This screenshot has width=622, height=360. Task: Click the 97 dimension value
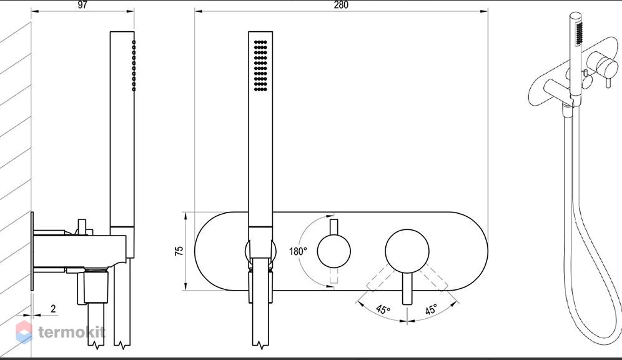82,5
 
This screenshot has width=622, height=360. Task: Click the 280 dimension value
341,5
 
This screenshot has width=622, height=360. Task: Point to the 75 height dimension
179,251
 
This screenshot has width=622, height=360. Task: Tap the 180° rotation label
298,251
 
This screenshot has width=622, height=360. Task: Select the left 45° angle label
383,309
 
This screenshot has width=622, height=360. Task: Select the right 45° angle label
431,309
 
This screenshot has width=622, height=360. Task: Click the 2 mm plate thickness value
53,308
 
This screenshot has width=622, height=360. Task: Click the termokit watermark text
72,332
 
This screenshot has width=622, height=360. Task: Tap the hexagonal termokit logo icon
24,332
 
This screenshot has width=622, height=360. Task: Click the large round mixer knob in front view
407,251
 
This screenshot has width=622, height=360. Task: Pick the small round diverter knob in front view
333,251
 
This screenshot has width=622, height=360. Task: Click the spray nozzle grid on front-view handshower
260,66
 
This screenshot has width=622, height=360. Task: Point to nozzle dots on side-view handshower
134,66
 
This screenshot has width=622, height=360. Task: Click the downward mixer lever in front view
407,289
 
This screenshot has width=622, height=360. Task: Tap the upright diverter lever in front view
333,227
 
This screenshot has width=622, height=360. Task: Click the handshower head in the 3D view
576,54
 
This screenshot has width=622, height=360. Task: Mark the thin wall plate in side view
32,251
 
